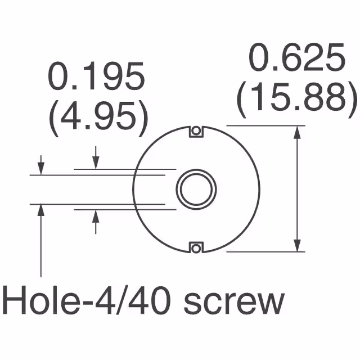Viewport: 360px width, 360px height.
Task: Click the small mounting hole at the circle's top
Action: pos(196,131)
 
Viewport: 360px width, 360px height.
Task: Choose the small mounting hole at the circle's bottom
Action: pos(196,246)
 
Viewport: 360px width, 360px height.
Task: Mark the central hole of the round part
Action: pos(196,188)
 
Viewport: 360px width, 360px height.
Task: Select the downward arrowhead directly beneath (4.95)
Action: pos(96,163)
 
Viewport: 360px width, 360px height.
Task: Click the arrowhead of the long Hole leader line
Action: pos(40,209)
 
